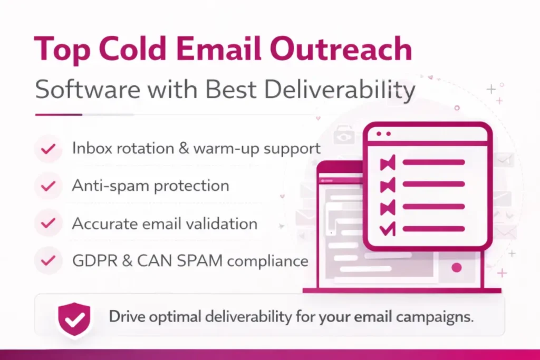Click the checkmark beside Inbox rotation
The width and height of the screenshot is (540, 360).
click(49, 149)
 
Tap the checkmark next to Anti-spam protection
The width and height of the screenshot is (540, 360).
click(49, 186)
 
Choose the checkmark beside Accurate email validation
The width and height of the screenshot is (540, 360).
click(49, 223)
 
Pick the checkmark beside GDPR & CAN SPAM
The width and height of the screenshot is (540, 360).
click(49, 260)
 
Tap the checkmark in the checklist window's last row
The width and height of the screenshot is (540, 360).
click(388, 228)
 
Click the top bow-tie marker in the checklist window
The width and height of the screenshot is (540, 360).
click(388, 163)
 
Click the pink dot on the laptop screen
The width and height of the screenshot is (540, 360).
click(457, 268)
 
